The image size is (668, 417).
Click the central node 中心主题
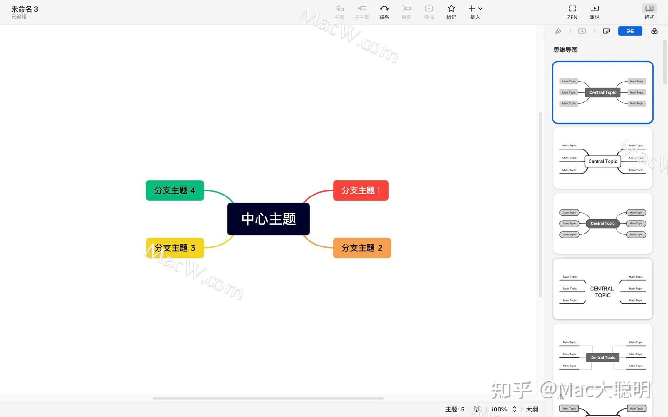tap(268, 219)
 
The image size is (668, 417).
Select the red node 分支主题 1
tap(360, 190)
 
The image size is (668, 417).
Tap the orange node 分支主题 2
tap(362, 248)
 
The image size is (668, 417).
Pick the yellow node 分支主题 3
tap(175, 248)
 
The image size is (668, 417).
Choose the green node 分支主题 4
tap(174, 190)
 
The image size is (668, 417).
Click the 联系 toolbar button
tap(384, 12)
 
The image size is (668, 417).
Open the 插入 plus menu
tap(475, 12)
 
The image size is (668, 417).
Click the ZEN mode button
tap(572, 12)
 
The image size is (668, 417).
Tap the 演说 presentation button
tap(594, 12)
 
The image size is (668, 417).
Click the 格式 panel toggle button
tap(649, 12)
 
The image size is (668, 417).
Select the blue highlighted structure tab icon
tap(630, 31)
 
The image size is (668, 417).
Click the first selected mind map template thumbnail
tap(603, 92)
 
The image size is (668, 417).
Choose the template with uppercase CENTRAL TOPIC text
tap(603, 289)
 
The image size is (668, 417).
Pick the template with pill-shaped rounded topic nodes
tap(603, 224)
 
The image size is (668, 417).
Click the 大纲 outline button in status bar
tap(532, 409)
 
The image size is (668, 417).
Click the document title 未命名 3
tap(25, 9)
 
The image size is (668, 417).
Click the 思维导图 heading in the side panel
tap(565, 50)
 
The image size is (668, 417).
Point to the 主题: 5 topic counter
tap(455, 409)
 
